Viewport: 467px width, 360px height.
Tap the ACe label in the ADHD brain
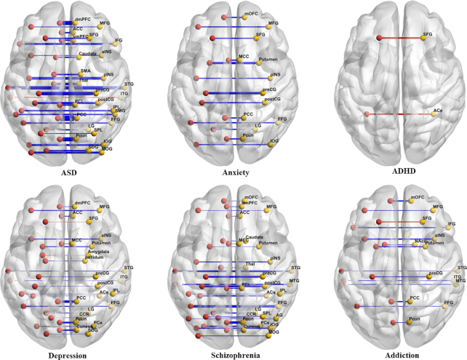click(x=438, y=111)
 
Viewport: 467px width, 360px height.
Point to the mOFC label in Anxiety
click(x=252, y=15)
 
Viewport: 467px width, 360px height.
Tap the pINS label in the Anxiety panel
click(x=275, y=75)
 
